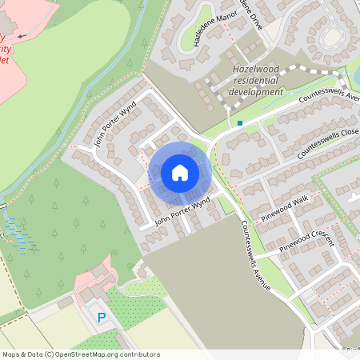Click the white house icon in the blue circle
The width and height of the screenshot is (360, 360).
pos(179,172)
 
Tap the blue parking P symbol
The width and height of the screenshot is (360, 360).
pos(102,318)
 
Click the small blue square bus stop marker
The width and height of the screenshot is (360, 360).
pos(239,123)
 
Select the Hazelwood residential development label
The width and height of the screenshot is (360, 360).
pos(257,82)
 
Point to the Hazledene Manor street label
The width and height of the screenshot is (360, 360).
pos(206,31)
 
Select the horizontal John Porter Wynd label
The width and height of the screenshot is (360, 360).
pos(182,210)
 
